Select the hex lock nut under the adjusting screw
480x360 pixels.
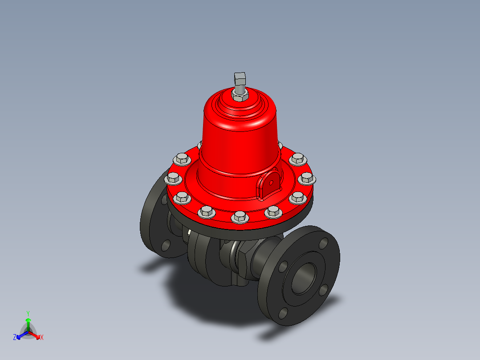240,95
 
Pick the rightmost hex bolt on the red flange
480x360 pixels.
307,179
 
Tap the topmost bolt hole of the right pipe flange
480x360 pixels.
323,244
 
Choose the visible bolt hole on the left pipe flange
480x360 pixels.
165,245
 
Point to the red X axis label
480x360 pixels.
42,338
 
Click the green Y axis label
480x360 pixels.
28,313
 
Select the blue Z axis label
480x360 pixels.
15,338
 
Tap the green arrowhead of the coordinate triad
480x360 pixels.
28,320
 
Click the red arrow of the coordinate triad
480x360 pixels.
35,335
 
